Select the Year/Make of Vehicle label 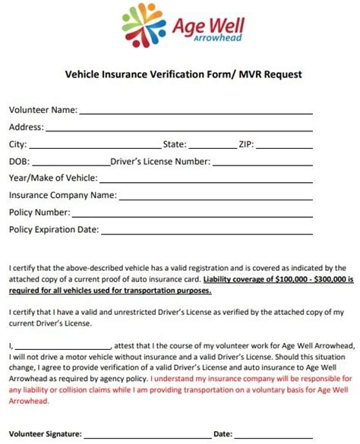click(53, 178)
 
